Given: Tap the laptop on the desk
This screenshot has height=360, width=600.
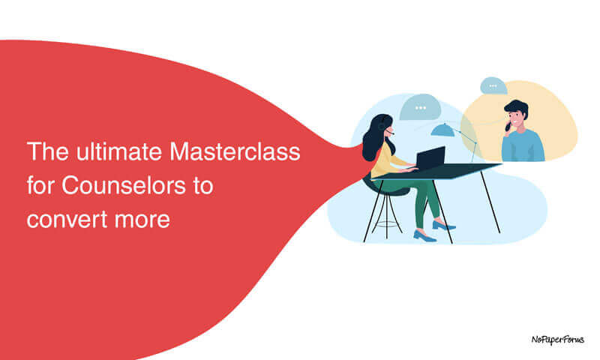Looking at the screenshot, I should pyautogui.click(x=429, y=159).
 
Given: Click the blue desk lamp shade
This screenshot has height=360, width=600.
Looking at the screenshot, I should pyautogui.click(x=442, y=130).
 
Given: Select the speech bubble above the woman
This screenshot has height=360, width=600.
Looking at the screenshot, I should pyautogui.click(x=419, y=107).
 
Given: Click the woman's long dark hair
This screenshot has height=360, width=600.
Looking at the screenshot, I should pyautogui.click(x=372, y=139).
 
